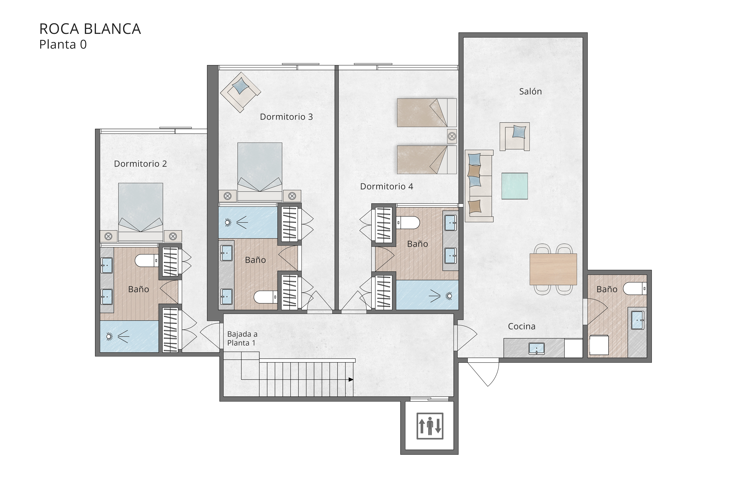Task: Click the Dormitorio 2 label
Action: (x=140, y=164)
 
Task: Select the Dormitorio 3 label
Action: (x=286, y=117)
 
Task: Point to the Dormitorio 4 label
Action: (x=386, y=186)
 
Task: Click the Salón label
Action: (x=530, y=91)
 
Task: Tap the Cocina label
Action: (x=522, y=326)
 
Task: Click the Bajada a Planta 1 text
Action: (x=242, y=339)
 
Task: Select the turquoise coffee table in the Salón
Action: (x=515, y=186)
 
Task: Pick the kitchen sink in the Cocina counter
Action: (x=537, y=348)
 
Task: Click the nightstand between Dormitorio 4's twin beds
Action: (x=452, y=136)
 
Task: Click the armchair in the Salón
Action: (x=515, y=137)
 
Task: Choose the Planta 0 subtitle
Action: (x=63, y=44)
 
